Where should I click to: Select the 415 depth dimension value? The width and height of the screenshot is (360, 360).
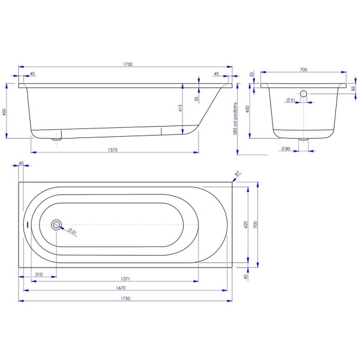[179, 108]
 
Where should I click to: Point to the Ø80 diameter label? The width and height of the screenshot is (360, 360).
[286, 148]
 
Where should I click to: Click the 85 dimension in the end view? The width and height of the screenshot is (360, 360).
[353, 89]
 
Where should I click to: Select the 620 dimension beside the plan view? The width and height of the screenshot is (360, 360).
[245, 224]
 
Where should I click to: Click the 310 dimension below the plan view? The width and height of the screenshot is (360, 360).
[38, 274]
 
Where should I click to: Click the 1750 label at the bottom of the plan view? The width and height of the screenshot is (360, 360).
[125, 298]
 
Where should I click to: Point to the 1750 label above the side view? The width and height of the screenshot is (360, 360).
[127, 64]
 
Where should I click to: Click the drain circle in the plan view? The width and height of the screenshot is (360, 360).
[56, 225]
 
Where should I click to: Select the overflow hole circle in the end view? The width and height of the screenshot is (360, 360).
[303, 94]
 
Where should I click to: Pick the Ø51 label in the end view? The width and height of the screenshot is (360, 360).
[290, 100]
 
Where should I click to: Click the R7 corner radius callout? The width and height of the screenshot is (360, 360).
[237, 173]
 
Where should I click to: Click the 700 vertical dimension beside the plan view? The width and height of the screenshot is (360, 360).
[256, 224]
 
